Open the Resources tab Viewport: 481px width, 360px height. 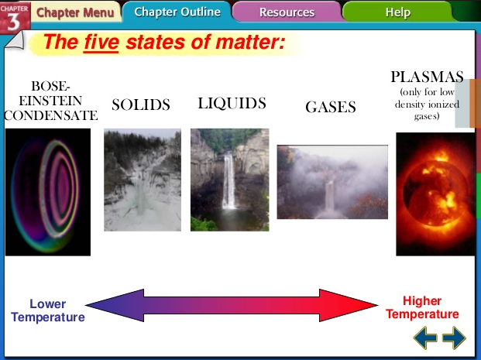coord(287,12)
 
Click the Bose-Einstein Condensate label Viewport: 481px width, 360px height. coord(51,101)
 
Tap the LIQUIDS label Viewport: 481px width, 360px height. coord(232,104)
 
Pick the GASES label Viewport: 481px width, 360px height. coord(331,108)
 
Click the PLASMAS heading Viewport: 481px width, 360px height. coord(427,77)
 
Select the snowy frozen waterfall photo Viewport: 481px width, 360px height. coord(142,180)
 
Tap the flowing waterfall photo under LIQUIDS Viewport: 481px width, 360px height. coord(229,180)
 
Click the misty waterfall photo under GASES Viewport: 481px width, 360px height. coord(332,182)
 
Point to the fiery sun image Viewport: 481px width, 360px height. coord(435,194)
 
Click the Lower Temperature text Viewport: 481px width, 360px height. coord(48,310)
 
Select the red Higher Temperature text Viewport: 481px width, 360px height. coord(422,307)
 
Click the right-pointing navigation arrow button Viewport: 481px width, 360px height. coord(454,338)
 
